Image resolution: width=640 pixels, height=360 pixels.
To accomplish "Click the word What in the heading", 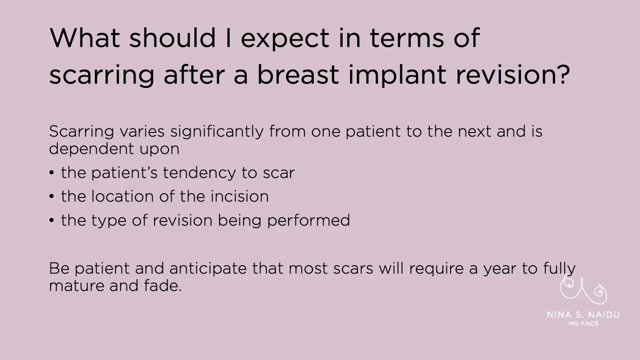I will tap(84, 37).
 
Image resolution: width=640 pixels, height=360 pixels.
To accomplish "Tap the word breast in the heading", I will tap(298, 74).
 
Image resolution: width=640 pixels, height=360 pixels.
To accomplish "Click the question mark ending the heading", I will tap(564, 74).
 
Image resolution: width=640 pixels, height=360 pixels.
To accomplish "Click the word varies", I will tap(142, 131).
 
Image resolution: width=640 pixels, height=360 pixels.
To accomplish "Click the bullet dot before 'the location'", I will tap(52, 196).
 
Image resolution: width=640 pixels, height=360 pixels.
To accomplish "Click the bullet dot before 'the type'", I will tap(52, 220).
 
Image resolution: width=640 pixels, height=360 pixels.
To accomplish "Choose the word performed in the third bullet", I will tap(308, 220).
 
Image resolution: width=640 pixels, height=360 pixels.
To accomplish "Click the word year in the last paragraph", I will tap(500, 269).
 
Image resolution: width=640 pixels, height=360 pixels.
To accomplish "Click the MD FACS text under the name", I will tap(583, 323).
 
